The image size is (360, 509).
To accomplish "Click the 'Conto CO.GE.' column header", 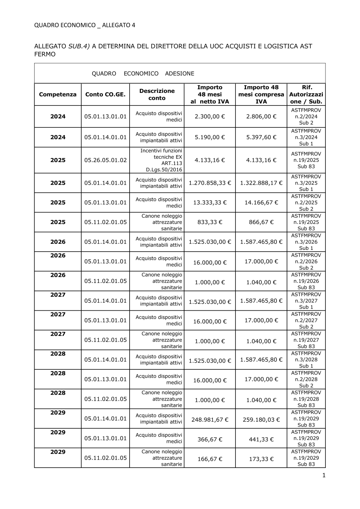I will click(105, 94).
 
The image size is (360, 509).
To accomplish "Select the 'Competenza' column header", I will click(58, 94).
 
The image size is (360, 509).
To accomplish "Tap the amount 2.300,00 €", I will click(210, 116).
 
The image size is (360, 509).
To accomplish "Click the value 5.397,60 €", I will click(261, 137).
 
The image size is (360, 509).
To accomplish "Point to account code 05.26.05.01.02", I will click(105, 160).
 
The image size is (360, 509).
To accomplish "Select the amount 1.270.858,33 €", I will click(210, 183).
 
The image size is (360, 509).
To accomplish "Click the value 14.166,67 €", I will click(261, 202).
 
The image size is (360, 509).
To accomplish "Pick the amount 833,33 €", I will click(210, 222).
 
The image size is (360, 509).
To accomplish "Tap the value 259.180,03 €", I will click(261, 420).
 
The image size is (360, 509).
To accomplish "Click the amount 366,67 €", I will click(210, 439).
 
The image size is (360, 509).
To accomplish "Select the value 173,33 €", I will click(261, 459).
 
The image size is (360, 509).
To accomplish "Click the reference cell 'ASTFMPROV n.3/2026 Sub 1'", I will click(306, 242).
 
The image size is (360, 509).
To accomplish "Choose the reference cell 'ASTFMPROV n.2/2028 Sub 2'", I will click(306, 379).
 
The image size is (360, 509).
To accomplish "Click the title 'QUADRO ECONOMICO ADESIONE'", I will click(143, 73).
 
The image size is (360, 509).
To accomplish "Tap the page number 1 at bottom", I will click(324, 476).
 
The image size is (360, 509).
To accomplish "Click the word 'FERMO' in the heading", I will click(45, 54).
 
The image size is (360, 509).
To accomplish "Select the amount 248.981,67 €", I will click(210, 420).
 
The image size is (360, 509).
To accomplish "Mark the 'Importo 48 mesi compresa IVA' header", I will click(261, 94).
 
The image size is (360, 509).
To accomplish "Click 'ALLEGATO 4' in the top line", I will click(119, 25).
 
